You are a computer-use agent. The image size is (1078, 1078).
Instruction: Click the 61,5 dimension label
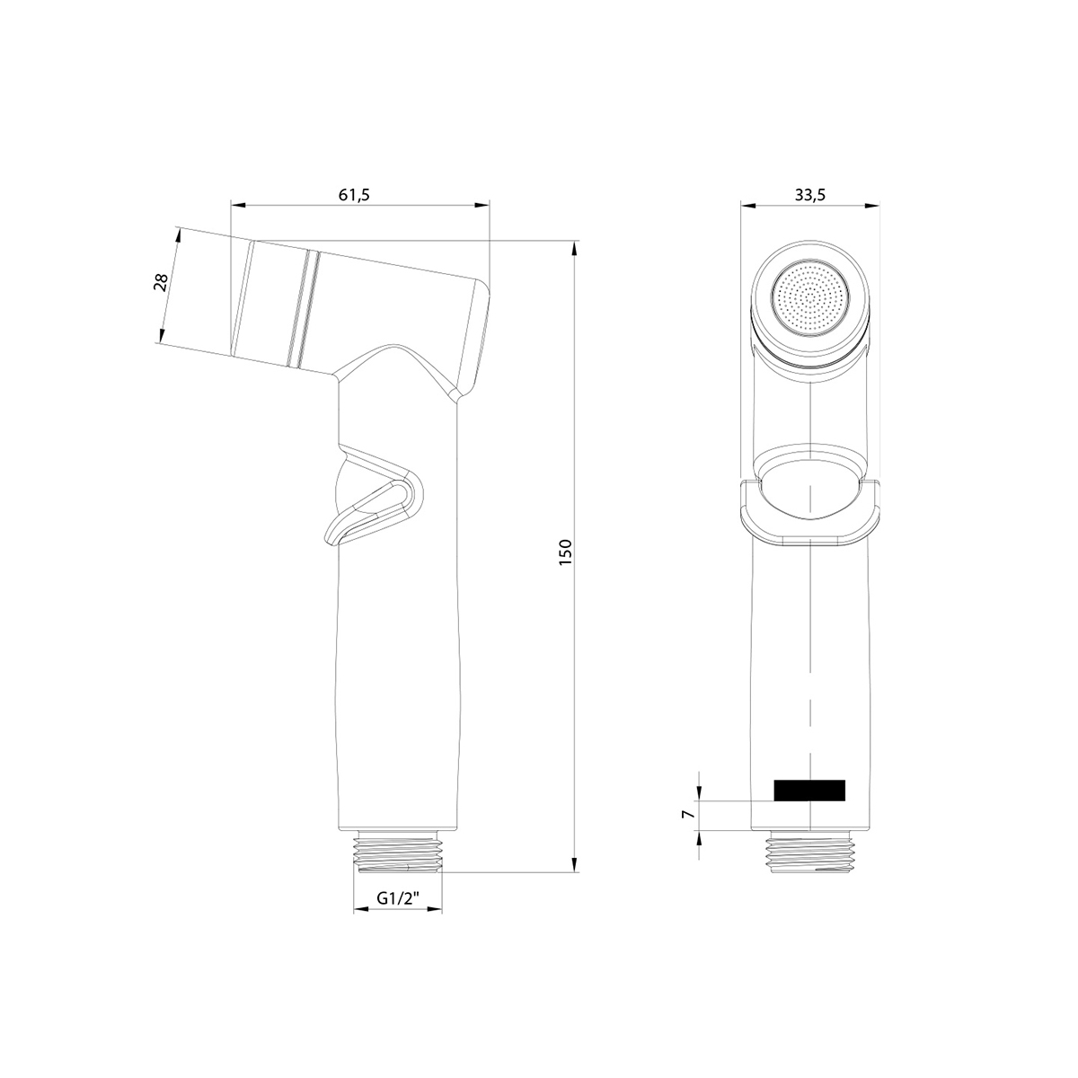[354, 195]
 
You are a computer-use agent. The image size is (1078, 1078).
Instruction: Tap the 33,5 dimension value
[810, 195]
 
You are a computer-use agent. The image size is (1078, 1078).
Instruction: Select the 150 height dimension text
[566, 552]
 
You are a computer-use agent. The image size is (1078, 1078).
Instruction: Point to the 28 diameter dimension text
[161, 282]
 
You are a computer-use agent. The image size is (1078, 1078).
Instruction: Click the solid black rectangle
[808, 790]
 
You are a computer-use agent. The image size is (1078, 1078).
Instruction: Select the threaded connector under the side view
[398, 856]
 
